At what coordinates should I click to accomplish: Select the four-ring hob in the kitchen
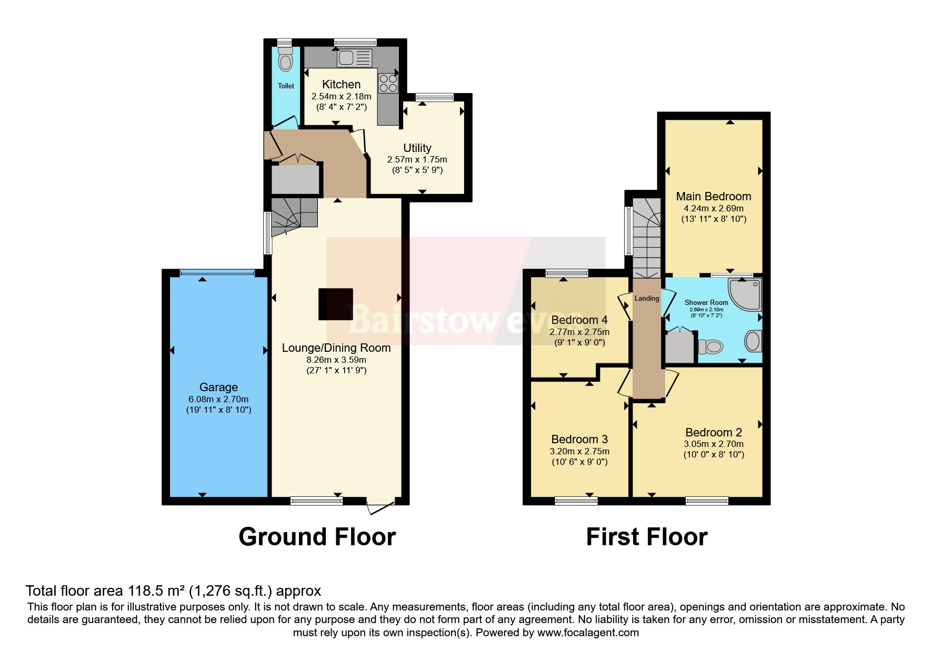coord(388,83)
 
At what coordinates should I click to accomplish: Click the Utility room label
coord(417,148)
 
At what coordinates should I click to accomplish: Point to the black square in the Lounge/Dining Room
coord(335,304)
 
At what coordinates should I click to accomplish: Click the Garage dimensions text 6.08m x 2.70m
coord(218,399)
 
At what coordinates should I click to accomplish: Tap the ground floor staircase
coord(293,214)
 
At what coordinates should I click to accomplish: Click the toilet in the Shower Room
coord(710,347)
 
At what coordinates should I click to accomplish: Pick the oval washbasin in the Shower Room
coord(753,341)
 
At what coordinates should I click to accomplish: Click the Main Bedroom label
coord(713,196)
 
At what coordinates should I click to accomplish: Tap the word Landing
coord(646,298)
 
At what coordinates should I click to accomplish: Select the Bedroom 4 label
coord(579,320)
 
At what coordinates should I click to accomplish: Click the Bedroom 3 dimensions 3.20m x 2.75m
coord(579,451)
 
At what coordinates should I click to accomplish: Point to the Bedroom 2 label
coord(713,432)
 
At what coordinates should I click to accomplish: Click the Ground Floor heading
coord(317,537)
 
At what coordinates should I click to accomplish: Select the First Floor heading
coord(646,537)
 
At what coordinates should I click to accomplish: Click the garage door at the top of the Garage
coord(217,272)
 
